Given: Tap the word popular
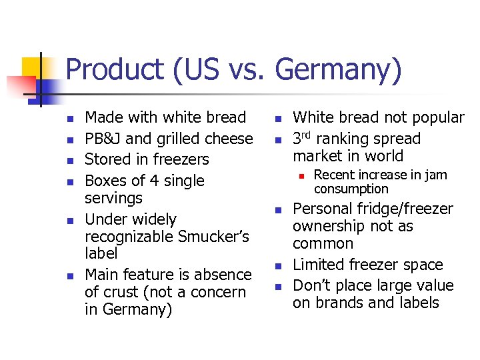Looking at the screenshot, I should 437,118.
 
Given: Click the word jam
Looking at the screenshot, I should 436,175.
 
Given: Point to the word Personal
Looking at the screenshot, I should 322,209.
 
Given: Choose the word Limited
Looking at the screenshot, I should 319,265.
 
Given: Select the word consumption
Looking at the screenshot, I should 351,189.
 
